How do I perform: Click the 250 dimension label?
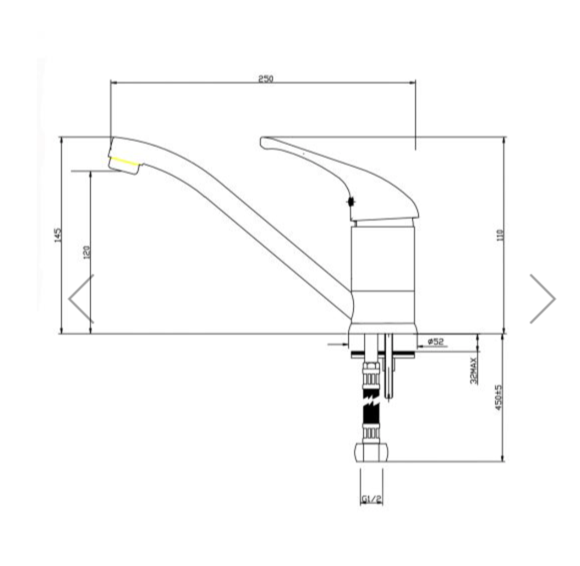266,79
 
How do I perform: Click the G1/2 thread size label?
371,499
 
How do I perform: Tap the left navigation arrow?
81,298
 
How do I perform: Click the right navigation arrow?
543,298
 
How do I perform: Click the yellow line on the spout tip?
124,161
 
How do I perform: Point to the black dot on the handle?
351,202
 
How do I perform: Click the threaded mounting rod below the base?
390,369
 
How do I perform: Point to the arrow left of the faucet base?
337,345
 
